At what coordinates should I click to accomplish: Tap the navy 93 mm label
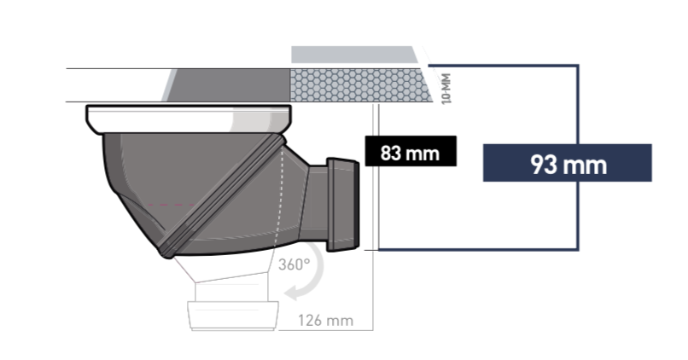(568, 163)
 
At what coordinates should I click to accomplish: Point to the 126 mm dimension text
(325, 321)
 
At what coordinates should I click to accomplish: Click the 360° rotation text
(294, 264)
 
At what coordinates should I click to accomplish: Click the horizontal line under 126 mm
(333, 329)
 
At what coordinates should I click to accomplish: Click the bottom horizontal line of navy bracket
(478, 250)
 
